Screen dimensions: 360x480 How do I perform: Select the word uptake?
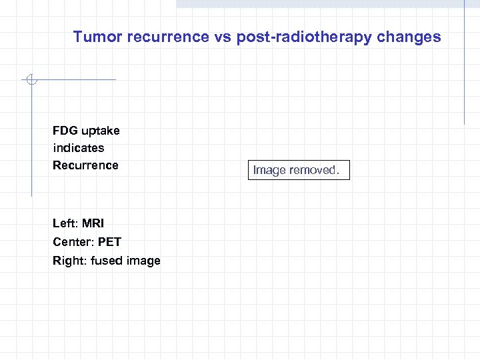pos(101,131)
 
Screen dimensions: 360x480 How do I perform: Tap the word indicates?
pos(79,148)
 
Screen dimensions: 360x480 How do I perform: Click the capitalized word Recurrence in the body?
pos(85,165)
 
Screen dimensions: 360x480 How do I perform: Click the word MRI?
pos(93,224)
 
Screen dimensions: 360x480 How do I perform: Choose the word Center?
pos(73,242)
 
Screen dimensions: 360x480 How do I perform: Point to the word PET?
pos(109,242)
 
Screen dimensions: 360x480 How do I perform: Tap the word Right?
pos(70,261)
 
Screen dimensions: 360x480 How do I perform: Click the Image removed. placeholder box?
pos(297,171)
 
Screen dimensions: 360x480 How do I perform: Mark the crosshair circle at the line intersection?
pos(31,81)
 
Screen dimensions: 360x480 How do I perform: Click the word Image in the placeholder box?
pos(269,171)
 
